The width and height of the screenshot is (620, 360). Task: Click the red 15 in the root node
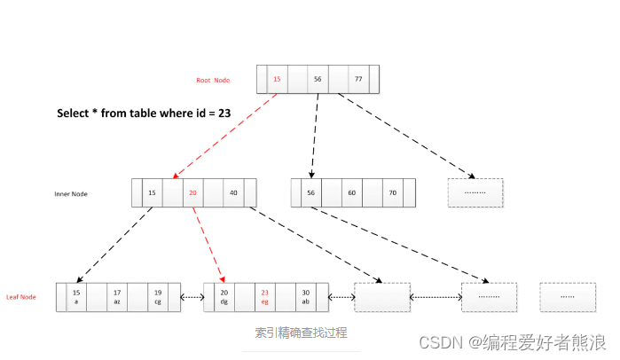click(x=277, y=79)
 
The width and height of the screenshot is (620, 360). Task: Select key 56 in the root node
click(x=318, y=79)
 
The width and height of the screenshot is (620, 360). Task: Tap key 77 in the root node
click(x=358, y=79)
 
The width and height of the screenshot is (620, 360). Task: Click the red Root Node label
click(x=213, y=80)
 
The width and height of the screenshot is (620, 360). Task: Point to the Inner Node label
click(x=71, y=194)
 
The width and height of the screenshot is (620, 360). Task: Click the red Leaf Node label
click(x=21, y=297)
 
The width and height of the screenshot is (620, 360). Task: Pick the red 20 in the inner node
click(x=192, y=192)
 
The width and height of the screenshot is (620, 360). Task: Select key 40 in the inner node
click(x=233, y=192)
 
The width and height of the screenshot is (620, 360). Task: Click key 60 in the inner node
click(x=351, y=192)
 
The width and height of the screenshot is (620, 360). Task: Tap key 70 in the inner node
click(x=392, y=192)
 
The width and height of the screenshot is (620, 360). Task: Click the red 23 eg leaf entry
click(x=264, y=297)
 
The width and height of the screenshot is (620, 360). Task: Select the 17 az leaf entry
click(x=117, y=297)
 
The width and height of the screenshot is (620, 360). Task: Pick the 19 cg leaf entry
click(x=158, y=297)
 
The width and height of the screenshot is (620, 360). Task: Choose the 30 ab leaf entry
click(x=306, y=297)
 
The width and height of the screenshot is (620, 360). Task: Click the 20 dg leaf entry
click(x=224, y=297)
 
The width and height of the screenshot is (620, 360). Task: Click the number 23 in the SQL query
click(x=224, y=113)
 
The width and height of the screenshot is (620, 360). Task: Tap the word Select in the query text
click(x=73, y=113)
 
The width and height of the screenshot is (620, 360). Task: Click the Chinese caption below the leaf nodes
click(x=301, y=333)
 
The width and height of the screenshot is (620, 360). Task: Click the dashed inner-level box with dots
click(x=475, y=192)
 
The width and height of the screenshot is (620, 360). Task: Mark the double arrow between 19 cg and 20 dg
click(x=192, y=297)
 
